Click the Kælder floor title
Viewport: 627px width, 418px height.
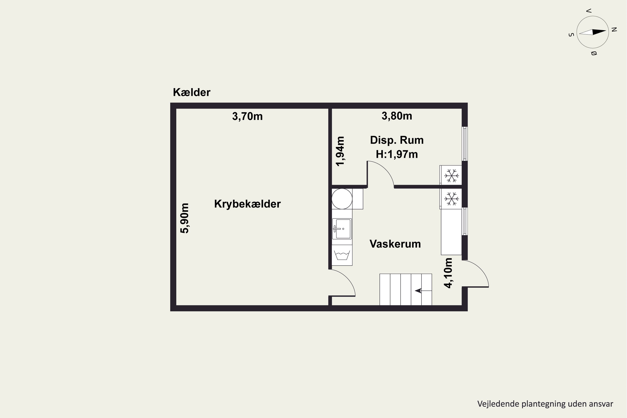pos(191,92)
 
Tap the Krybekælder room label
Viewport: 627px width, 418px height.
pos(247,204)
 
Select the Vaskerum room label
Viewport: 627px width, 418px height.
pos(395,244)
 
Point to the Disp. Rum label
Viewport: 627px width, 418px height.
pos(397,140)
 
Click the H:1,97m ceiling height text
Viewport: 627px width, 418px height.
pos(397,154)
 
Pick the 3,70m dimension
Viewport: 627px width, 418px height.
pos(247,116)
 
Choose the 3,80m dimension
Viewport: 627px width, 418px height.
pos(397,116)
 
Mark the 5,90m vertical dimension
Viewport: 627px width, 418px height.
pos(185,218)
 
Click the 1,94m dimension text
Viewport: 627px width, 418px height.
pos(340,151)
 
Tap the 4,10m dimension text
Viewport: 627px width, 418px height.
pos(448,273)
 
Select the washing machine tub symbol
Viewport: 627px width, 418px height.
pos(342,255)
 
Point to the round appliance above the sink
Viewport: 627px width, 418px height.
pos(342,199)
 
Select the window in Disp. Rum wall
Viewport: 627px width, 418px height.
pos(465,144)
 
